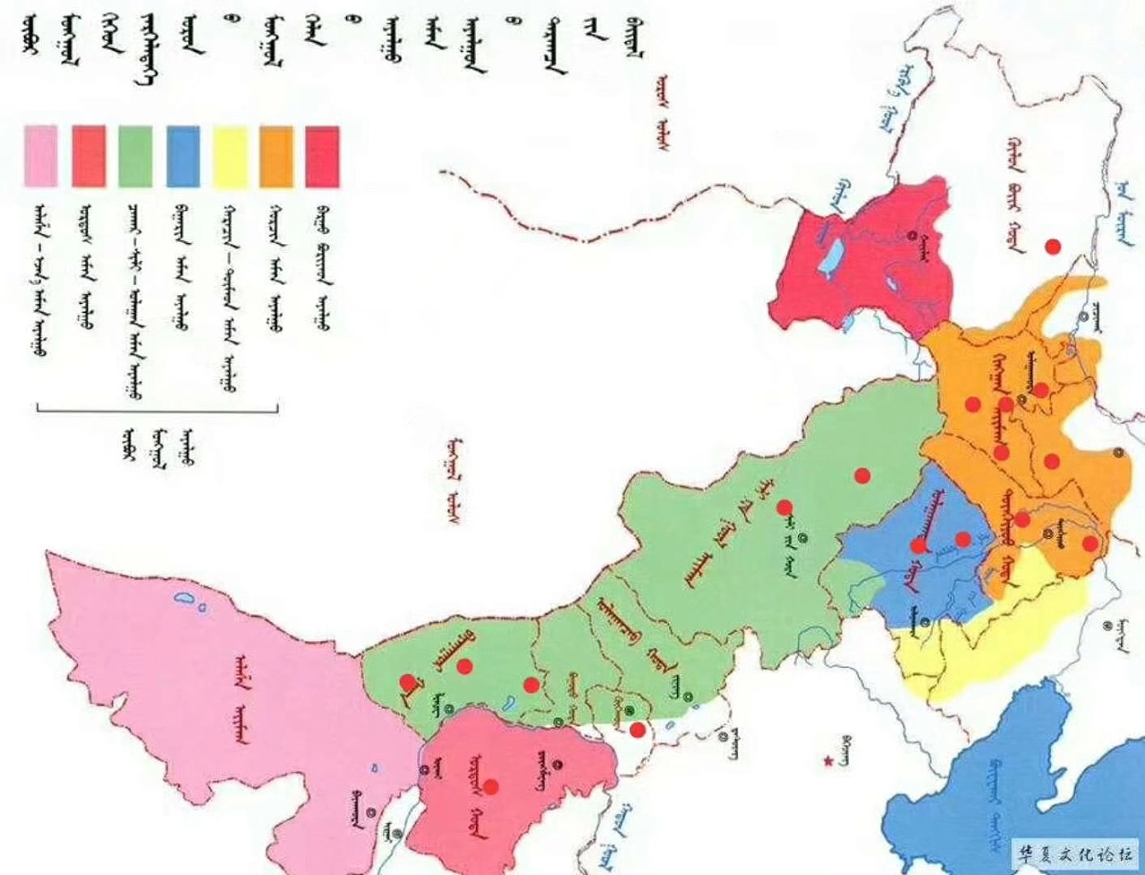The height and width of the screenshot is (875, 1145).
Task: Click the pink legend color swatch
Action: [x=41, y=156]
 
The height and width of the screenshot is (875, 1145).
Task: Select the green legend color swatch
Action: [x=135, y=156]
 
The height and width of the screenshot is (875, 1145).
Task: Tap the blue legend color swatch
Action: [x=182, y=156]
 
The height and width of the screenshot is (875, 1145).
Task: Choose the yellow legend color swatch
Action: [x=230, y=156]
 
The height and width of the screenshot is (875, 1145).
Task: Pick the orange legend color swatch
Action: [x=276, y=156]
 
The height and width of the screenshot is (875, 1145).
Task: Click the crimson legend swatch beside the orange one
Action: [x=322, y=156]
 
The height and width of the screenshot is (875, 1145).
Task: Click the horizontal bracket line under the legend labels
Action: [x=157, y=412]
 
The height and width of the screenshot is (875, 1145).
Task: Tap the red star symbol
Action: [x=828, y=761]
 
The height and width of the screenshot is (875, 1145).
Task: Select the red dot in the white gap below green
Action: [x=637, y=730]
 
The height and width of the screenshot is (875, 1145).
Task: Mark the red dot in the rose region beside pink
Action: [x=490, y=787]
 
